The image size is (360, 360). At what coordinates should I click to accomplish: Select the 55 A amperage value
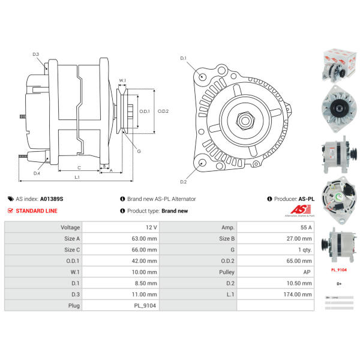coord(306,227)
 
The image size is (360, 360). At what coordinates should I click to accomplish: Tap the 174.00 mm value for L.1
coord(298,295)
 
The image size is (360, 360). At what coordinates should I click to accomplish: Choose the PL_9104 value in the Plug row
coord(146,305)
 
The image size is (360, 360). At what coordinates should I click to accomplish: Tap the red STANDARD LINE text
coord(37,211)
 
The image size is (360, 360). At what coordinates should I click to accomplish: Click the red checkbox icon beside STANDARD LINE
coord(10,211)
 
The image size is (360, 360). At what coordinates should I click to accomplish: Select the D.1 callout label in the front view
coord(184,58)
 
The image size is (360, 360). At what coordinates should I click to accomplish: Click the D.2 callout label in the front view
coord(184,182)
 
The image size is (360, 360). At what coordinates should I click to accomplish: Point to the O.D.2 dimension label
coord(163,110)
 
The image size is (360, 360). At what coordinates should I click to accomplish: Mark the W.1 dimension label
coord(122,80)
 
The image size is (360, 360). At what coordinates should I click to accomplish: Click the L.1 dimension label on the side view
coord(77,177)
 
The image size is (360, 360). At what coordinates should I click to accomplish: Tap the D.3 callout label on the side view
coord(36,55)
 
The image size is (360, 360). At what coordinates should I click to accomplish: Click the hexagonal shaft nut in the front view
coord(244,120)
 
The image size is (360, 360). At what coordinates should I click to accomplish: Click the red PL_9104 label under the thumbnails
coord(340,270)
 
